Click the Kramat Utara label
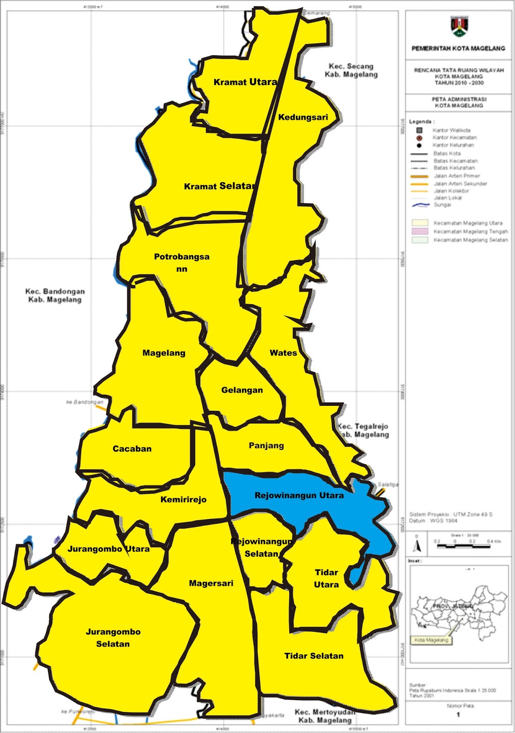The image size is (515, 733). pyautogui.click(x=245, y=82)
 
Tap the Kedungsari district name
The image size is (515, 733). pyautogui.click(x=303, y=117)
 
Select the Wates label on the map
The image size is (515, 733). pyautogui.click(x=283, y=353)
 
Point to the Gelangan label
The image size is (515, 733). pyautogui.click(x=242, y=390)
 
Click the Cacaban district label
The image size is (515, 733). pyautogui.click(x=132, y=449)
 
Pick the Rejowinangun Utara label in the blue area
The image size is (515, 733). pyautogui.click(x=299, y=496)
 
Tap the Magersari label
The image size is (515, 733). pyautogui.click(x=211, y=584)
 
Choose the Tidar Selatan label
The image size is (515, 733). pyautogui.click(x=314, y=656)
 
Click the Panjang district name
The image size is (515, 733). pyautogui.click(x=266, y=446)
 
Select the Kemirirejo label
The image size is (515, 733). pyautogui.click(x=183, y=500)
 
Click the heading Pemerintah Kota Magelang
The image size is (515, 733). pyautogui.click(x=458, y=48)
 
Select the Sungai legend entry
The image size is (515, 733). pyautogui.click(x=442, y=205)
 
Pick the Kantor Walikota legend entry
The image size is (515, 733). pyautogui.click(x=451, y=130)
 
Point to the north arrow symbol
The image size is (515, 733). pyautogui.click(x=417, y=545)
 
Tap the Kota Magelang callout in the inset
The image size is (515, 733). pyautogui.click(x=431, y=640)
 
